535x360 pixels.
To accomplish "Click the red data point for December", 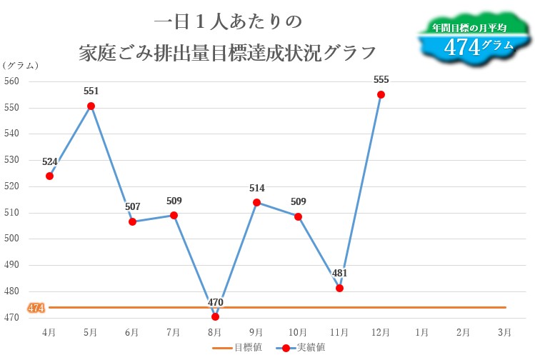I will pyautogui.click(x=381, y=94).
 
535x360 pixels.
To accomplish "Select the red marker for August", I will pyautogui.click(x=215, y=316).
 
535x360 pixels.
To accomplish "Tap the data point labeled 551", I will pyautogui.click(x=91, y=106).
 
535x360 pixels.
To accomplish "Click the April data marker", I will pyautogui.click(x=49, y=176).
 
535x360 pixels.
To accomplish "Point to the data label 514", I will pyautogui.click(x=257, y=188).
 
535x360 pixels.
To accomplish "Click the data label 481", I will pyautogui.click(x=339, y=273).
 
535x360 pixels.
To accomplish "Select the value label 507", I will pyautogui.click(x=132, y=206).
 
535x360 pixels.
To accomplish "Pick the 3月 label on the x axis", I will pyautogui.click(x=504, y=331).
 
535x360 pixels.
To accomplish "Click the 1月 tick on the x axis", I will pyautogui.click(x=421, y=331).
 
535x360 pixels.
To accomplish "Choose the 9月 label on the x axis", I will pyautogui.click(x=256, y=331).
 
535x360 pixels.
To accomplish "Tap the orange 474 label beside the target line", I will pyautogui.click(x=36, y=308).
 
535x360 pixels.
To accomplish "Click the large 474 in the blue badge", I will pyautogui.click(x=461, y=46).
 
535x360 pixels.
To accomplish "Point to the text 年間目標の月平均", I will pyautogui.click(x=469, y=28).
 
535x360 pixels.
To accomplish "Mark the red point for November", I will pyautogui.click(x=339, y=288).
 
